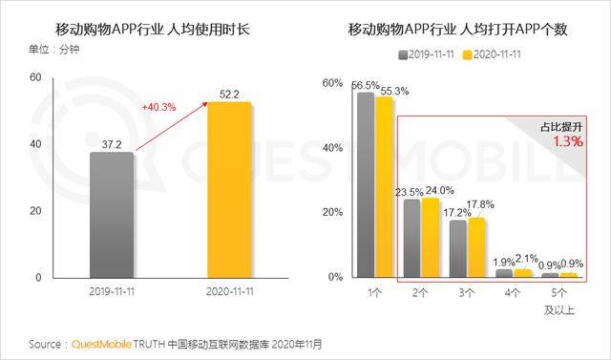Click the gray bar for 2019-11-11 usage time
112,215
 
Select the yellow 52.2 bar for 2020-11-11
229,189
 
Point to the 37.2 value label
112,142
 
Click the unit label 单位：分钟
45,49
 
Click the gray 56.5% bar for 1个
365,184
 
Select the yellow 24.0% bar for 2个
431,238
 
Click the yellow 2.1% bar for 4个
522,273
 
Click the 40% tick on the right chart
332,148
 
